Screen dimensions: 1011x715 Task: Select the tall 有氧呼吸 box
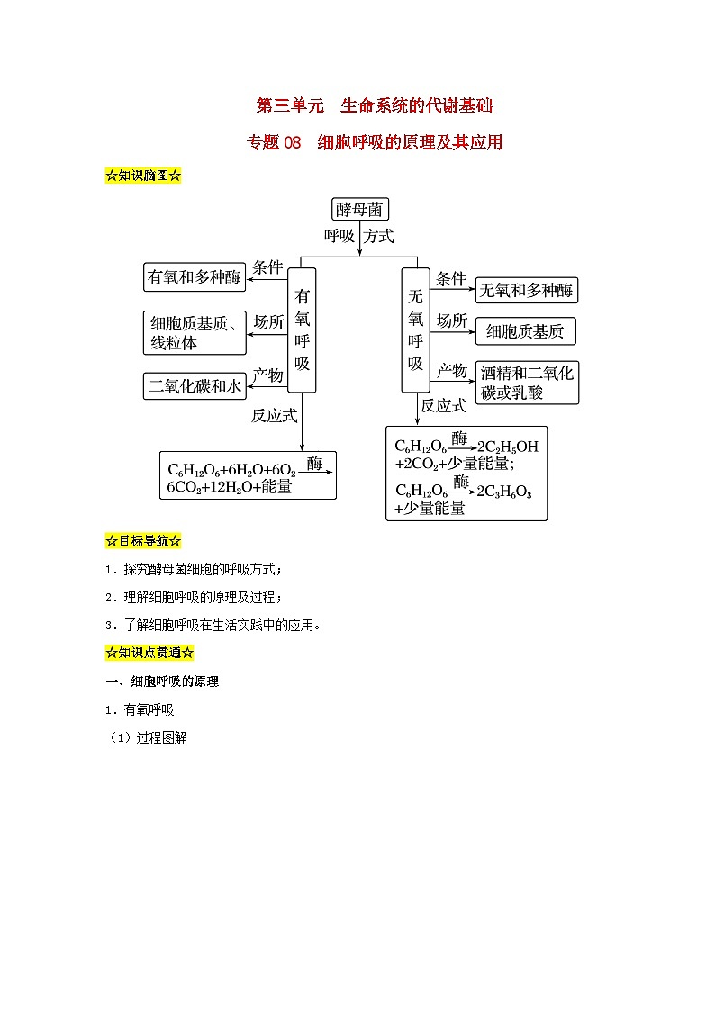click(x=302, y=329)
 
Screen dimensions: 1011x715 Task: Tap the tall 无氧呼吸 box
click(x=415, y=329)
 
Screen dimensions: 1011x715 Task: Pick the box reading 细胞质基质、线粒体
click(x=195, y=333)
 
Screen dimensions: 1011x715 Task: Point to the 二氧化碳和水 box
click(x=195, y=386)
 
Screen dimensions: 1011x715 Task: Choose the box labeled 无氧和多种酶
click(x=527, y=290)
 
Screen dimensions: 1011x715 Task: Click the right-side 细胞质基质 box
click(x=525, y=331)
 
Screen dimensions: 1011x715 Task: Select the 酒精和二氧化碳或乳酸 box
click(x=527, y=383)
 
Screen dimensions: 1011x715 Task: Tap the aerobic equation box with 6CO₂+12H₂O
click(x=247, y=475)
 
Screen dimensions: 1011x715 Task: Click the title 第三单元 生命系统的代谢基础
click(x=375, y=106)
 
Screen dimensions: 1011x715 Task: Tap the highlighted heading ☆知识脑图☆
click(x=144, y=176)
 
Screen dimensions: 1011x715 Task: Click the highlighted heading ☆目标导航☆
click(x=144, y=541)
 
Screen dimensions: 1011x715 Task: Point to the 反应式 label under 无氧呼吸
click(x=444, y=406)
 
